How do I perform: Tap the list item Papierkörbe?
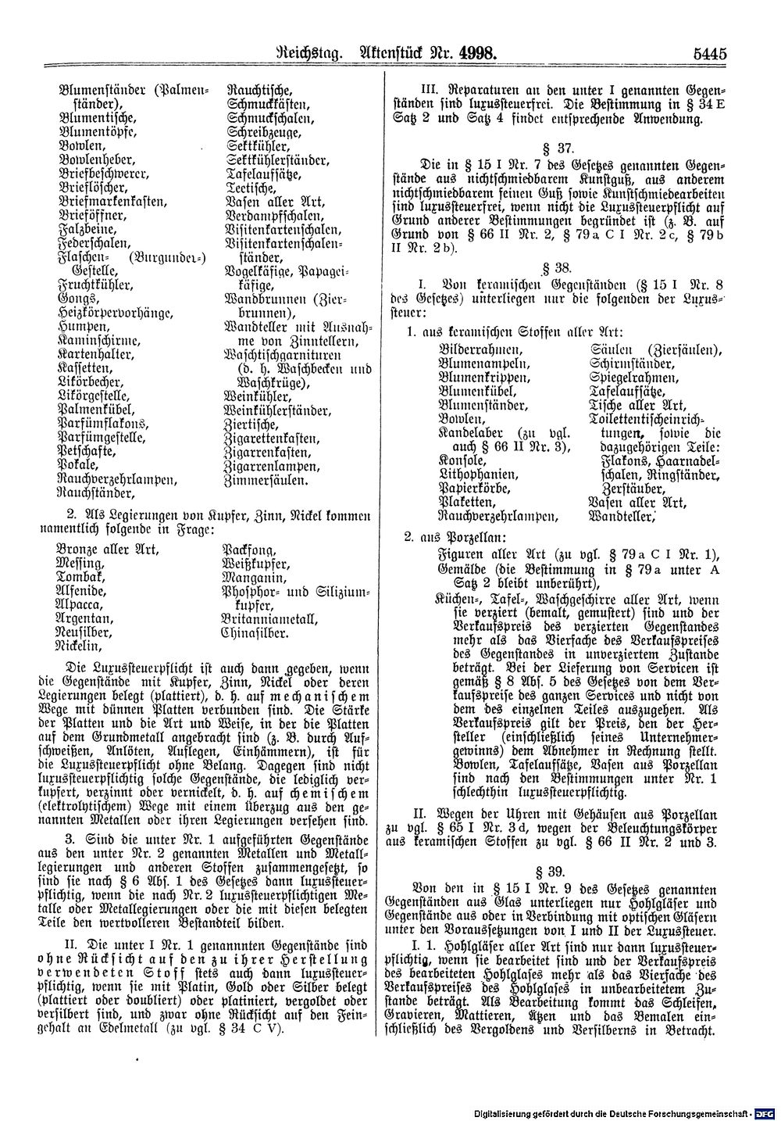(473, 488)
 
